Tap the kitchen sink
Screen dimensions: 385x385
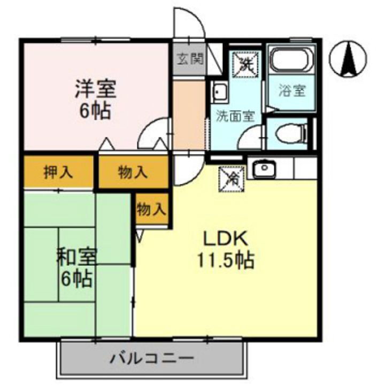(263, 169)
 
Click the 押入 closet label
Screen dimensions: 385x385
(59, 172)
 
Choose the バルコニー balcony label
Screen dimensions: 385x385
(152, 358)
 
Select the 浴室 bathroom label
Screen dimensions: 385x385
(292, 91)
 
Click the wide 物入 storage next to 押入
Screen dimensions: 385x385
(133, 172)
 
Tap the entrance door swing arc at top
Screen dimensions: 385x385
(190, 24)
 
